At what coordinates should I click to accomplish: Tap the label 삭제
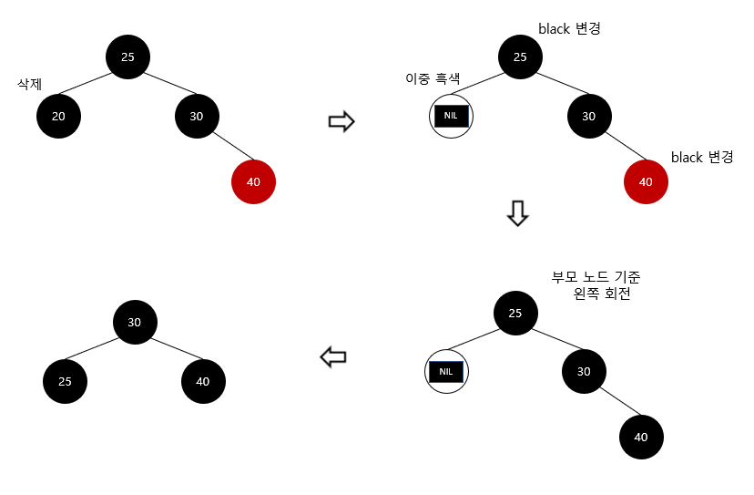(x=31, y=84)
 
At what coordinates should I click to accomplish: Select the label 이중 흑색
(x=432, y=79)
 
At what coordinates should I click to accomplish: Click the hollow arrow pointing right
(x=341, y=122)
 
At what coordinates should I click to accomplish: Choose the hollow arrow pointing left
(x=333, y=358)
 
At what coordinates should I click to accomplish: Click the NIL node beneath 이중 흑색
(x=452, y=116)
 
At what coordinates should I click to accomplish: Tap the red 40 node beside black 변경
(x=646, y=181)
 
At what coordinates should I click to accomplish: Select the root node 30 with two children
(x=135, y=322)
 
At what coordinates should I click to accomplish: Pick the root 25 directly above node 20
(x=127, y=57)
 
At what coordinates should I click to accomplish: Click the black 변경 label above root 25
(x=569, y=28)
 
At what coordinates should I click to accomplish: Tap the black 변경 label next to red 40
(x=702, y=157)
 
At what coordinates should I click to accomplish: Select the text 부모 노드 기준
(x=602, y=277)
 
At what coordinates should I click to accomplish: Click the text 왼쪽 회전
(x=602, y=294)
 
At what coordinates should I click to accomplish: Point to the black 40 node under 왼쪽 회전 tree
(x=641, y=437)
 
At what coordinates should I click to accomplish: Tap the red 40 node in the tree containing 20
(x=253, y=181)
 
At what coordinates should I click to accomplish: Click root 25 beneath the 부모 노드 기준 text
(x=515, y=314)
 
